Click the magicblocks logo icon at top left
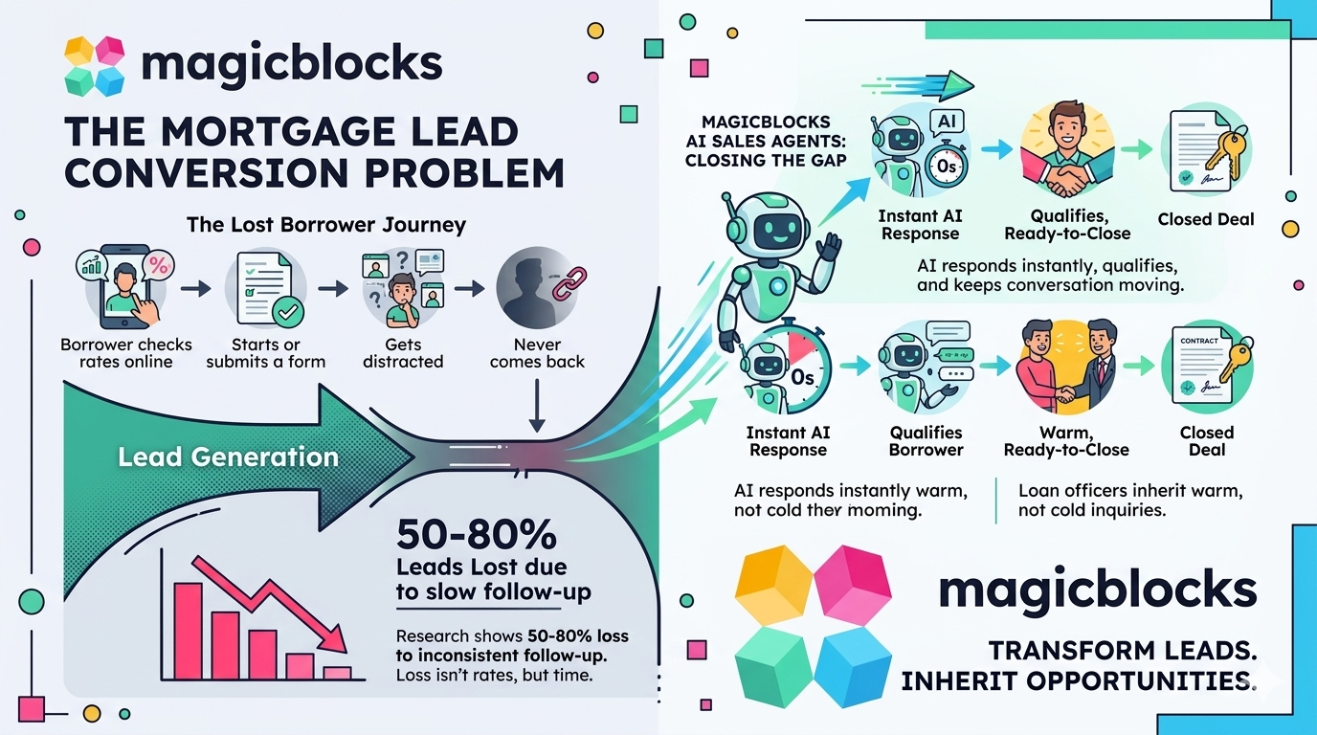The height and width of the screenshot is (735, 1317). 95,66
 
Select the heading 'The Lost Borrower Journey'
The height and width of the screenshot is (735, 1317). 326,225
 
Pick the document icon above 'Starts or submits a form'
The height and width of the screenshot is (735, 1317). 265,286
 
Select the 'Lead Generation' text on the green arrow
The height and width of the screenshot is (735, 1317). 228,457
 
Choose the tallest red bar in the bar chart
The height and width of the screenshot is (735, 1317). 188,631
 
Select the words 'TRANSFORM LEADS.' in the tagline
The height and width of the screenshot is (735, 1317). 1122,651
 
